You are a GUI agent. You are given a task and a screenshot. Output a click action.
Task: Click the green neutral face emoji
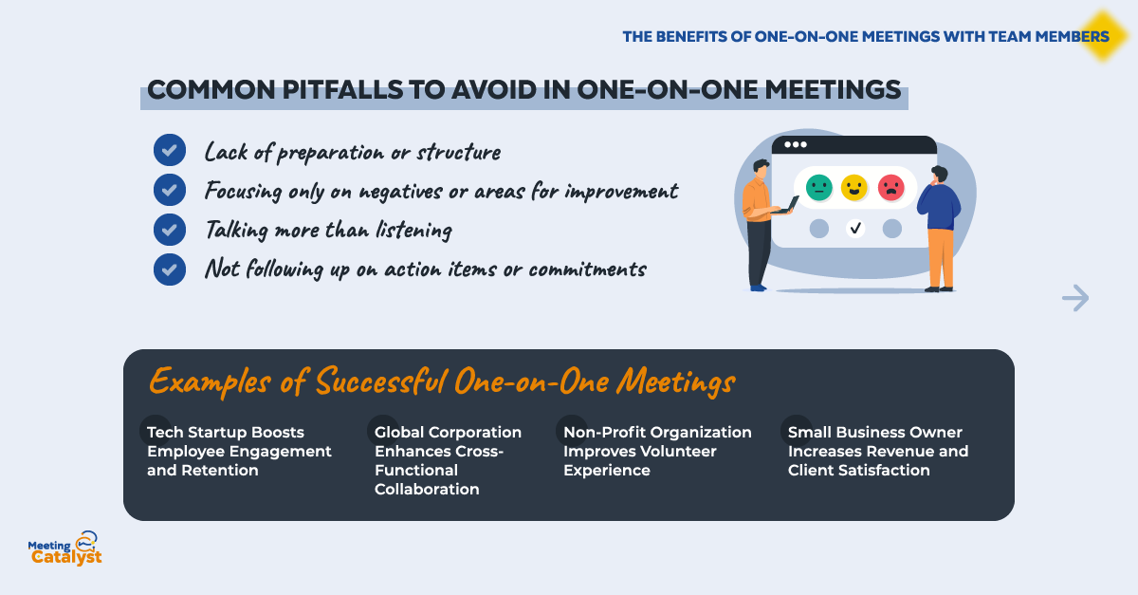819,188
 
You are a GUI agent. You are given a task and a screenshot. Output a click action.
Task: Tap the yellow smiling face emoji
854,188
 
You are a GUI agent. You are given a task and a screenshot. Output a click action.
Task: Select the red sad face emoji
891,188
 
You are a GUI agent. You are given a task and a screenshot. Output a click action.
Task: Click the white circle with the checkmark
855,229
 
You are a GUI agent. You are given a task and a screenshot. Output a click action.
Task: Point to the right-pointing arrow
1075,298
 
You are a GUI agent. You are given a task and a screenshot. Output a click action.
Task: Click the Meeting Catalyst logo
65,549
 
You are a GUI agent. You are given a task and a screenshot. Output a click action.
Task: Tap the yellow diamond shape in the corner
1103,36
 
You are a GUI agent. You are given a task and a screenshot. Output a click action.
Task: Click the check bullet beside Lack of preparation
170,150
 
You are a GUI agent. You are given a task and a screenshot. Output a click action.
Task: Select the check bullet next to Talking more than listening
170,230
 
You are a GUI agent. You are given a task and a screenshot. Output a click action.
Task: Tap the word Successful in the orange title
381,381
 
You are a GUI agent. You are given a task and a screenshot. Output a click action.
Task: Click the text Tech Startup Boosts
226,433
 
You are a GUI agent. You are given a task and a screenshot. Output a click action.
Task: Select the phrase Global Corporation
448,433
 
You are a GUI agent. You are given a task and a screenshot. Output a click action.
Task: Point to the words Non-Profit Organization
657,433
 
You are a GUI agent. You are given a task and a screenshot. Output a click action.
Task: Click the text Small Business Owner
874,433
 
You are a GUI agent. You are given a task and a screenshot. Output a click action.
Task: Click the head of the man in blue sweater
940,175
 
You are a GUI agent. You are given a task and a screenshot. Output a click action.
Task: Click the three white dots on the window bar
796,144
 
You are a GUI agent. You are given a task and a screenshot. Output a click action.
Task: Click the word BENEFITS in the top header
691,37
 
